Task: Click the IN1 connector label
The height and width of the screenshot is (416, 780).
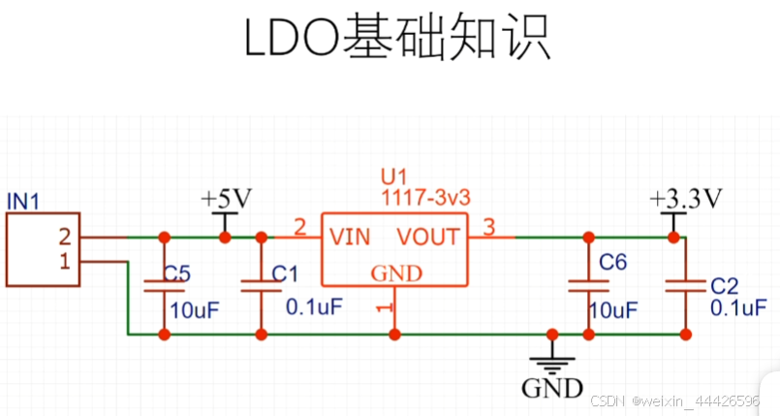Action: (x=23, y=201)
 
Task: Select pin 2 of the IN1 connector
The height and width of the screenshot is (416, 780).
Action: (x=64, y=237)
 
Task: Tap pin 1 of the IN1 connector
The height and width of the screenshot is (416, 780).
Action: (x=64, y=261)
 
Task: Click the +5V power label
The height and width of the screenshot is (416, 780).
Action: (x=226, y=199)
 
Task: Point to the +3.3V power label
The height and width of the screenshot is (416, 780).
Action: (x=687, y=199)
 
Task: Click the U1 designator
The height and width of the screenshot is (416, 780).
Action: (x=393, y=176)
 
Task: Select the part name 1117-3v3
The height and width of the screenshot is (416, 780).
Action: (x=425, y=197)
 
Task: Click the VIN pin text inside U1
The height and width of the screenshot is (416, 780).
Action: (x=350, y=237)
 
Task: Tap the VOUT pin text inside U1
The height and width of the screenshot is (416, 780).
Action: (x=427, y=237)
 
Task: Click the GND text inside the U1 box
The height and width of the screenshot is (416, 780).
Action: (x=397, y=273)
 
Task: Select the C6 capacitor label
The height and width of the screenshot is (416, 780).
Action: (x=613, y=262)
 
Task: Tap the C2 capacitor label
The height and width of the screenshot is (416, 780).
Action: (x=725, y=286)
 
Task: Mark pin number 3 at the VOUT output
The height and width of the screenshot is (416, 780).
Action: (x=488, y=228)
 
